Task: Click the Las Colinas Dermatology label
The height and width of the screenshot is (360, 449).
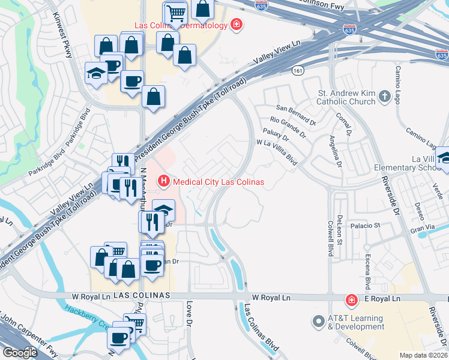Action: (181, 25)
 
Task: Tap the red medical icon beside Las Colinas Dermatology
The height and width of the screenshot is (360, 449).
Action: (237, 25)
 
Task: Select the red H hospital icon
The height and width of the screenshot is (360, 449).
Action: (162, 181)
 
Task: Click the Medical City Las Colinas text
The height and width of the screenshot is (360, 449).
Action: (218, 182)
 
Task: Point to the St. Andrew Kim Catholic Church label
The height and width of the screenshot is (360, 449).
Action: (346, 97)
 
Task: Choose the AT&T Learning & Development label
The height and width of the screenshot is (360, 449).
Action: (356, 322)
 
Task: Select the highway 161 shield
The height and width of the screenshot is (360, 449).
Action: (298, 70)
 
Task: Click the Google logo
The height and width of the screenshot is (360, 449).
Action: (20, 352)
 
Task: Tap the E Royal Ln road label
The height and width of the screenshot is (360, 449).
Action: (382, 298)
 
